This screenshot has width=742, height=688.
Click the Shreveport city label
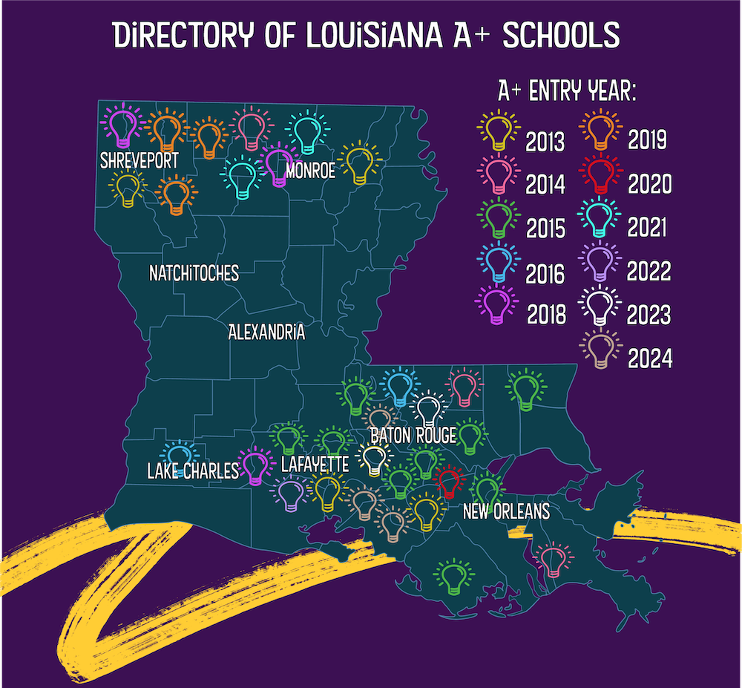(x=141, y=161)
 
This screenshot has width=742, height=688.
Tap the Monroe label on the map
(x=310, y=171)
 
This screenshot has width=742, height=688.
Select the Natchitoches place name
(x=194, y=273)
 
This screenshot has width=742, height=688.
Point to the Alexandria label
(x=266, y=332)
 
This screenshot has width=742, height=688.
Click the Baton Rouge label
(x=413, y=436)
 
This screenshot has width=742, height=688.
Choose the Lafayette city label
(x=315, y=465)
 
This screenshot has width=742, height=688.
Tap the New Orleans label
(x=505, y=511)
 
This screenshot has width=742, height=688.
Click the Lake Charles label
(x=193, y=471)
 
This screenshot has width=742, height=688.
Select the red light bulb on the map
(x=448, y=482)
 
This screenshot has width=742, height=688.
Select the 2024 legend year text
(x=649, y=359)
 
